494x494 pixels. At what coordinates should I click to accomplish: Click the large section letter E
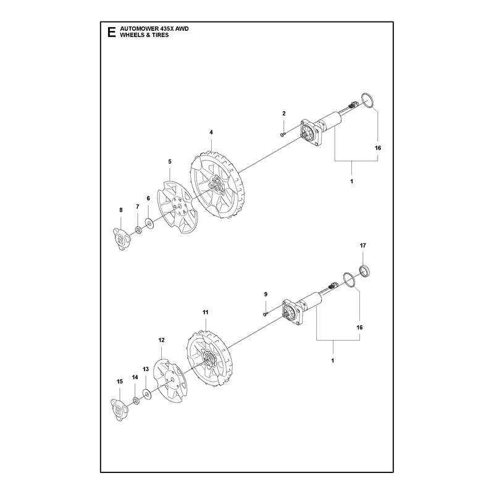point(111,32)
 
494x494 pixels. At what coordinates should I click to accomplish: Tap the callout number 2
point(284,114)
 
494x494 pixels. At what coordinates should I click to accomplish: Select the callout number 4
point(211,132)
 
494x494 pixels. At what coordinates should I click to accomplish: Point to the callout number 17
point(363,245)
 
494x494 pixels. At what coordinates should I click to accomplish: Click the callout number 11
point(206,312)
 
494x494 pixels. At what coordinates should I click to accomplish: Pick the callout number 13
point(146,369)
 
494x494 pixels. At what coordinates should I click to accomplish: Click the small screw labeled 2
point(282,135)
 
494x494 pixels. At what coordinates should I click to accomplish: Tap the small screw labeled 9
point(265,314)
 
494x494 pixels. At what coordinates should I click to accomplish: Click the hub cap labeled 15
point(119,410)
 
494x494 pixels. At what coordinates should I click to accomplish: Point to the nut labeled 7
point(138,230)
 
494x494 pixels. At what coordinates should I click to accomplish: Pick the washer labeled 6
point(149,224)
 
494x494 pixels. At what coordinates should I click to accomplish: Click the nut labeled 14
point(136,401)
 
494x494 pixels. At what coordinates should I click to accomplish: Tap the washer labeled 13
point(146,394)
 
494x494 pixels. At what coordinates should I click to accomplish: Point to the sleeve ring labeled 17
point(365,271)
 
